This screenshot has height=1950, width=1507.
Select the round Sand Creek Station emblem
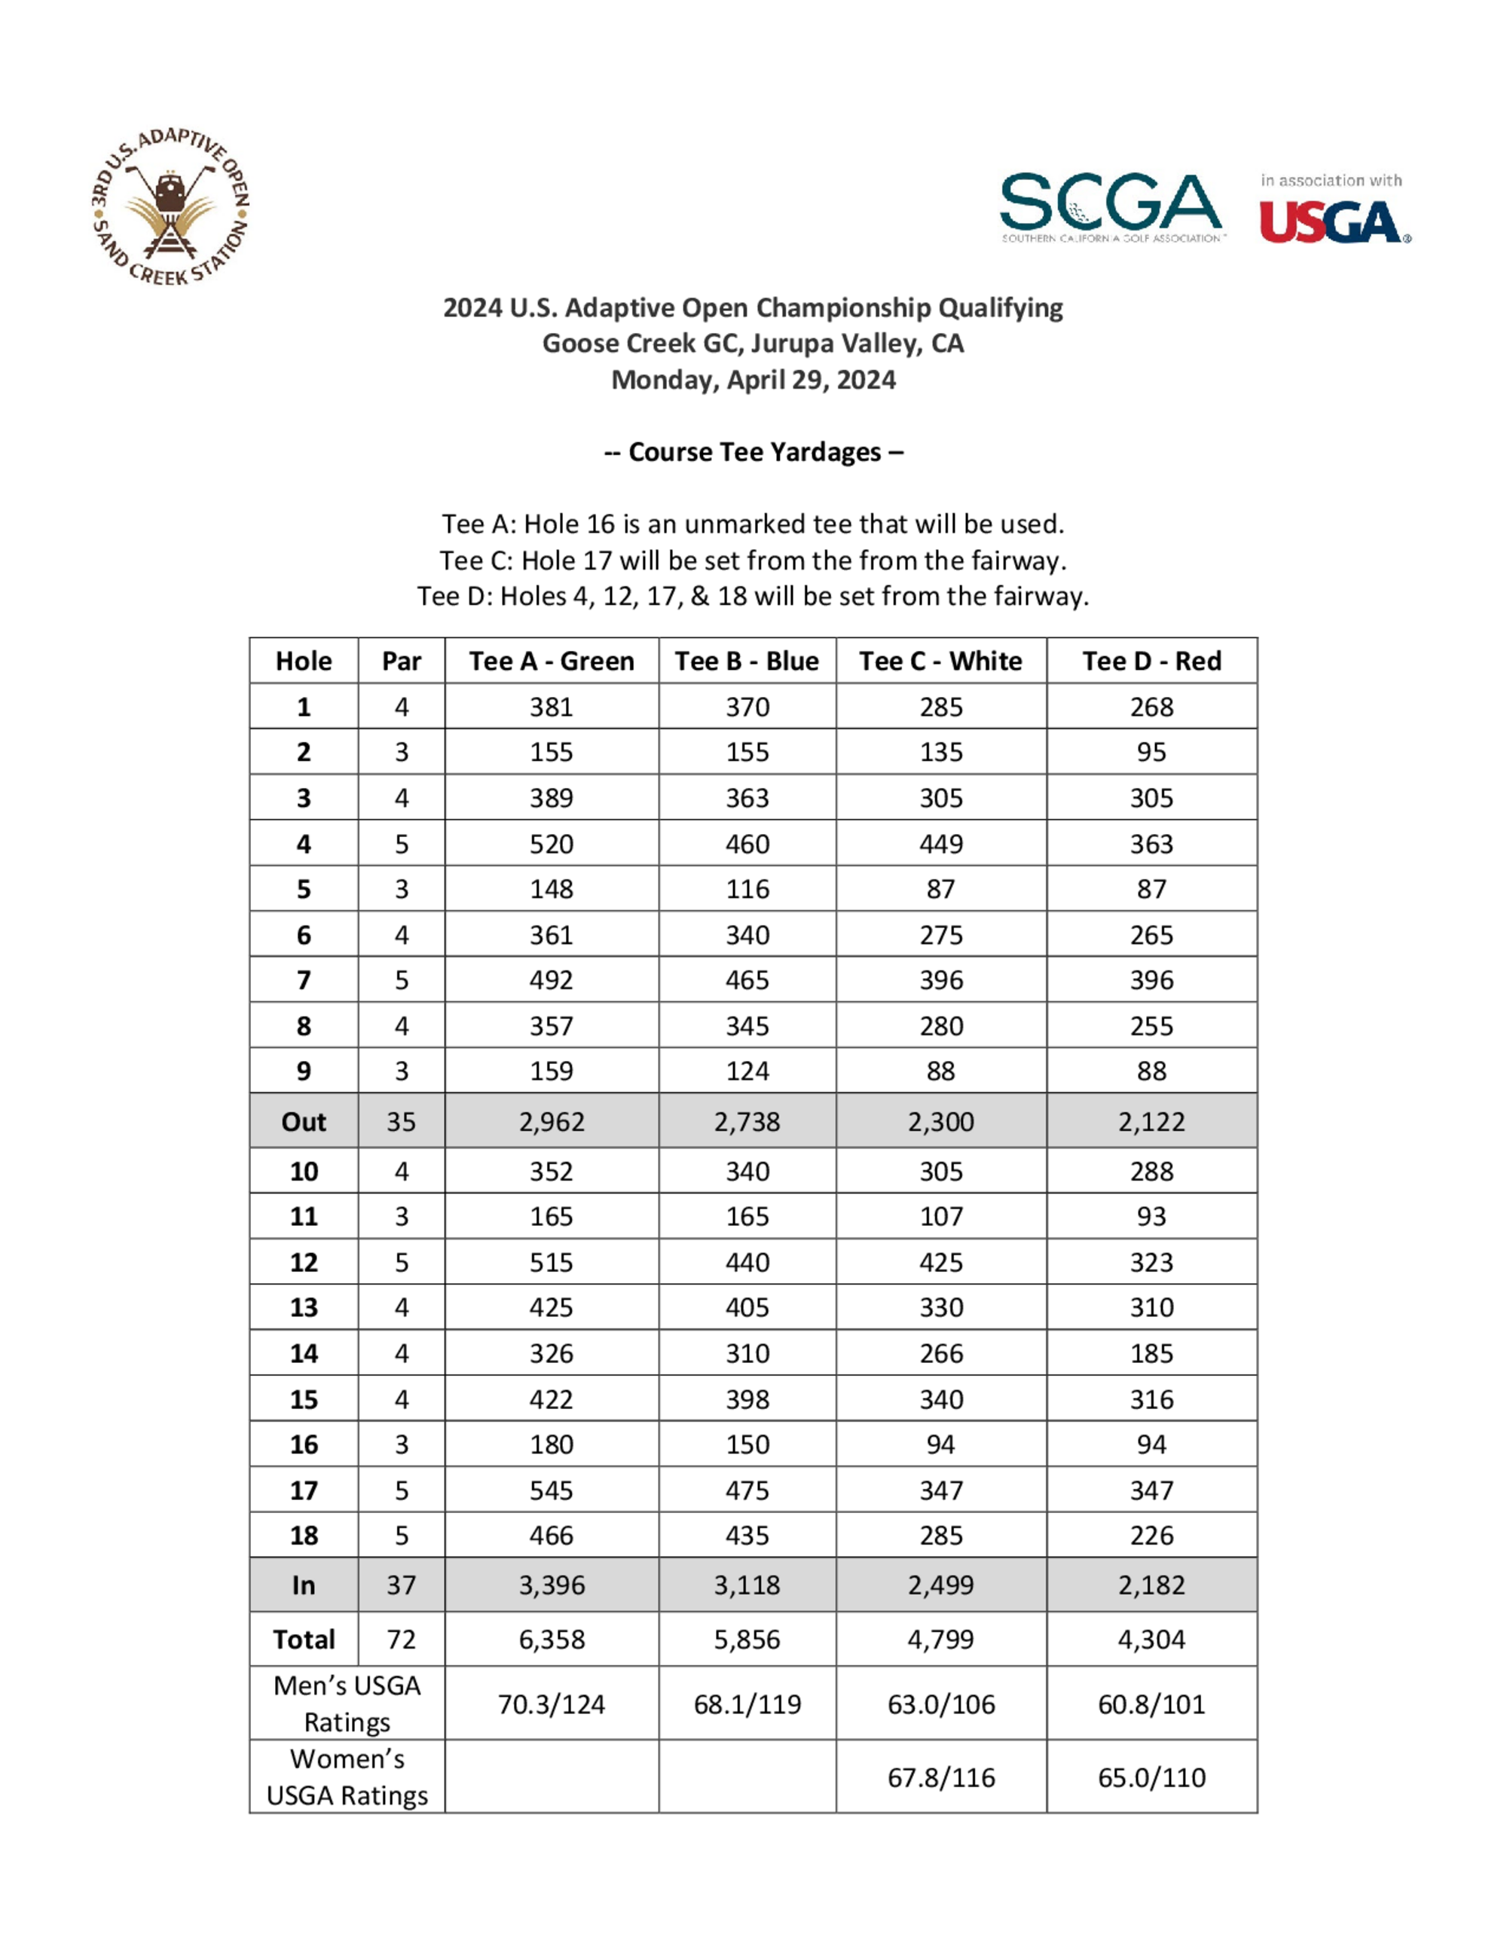170,207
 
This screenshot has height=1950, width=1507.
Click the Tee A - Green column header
551,661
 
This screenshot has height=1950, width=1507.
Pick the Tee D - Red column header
1151,661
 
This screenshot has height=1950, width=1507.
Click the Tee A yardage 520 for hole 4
551,844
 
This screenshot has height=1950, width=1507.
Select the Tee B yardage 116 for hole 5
747,889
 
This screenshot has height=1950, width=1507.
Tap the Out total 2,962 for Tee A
551,1121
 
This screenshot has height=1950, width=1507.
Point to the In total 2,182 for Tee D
1151,1585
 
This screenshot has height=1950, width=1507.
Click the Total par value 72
401,1640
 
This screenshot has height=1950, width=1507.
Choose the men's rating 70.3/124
551,1704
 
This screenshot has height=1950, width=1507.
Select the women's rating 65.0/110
1151,1777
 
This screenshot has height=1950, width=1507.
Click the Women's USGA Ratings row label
347,1777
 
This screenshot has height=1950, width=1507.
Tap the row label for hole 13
304,1307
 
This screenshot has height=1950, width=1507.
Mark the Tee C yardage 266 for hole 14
941,1353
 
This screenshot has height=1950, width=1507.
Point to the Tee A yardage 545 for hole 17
551,1490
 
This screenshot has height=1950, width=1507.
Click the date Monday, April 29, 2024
753,380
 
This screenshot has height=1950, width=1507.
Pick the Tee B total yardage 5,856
747,1640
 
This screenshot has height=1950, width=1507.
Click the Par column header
401,661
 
